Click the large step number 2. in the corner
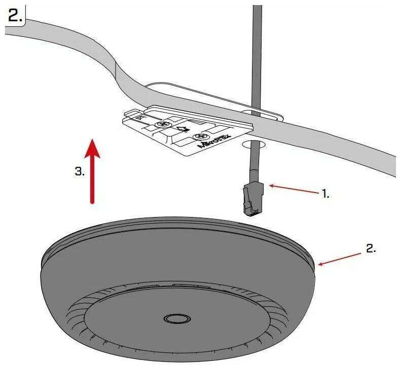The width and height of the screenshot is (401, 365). [x=15, y=16]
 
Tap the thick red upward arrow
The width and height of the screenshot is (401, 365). [x=92, y=171]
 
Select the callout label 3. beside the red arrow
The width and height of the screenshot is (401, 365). [x=80, y=171]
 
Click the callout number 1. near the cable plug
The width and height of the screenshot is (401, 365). [x=325, y=194]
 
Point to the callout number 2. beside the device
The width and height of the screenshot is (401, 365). [x=371, y=248]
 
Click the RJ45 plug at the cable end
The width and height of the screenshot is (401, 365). [x=253, y=200]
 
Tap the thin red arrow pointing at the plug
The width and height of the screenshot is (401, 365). [x=294, y=189]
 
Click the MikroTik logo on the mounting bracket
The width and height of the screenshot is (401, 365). [x=215, y=141]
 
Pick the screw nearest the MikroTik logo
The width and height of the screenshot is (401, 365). [x=199, y=136]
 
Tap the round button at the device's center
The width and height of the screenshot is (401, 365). [x=177, y=319]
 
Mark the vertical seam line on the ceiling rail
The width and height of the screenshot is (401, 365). [x=116, y=70]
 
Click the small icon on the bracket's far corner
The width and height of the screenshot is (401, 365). [x=139, y=118]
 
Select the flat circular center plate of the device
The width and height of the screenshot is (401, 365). [x=177, y=319]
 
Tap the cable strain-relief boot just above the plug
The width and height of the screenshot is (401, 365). [x=253, y=175]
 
